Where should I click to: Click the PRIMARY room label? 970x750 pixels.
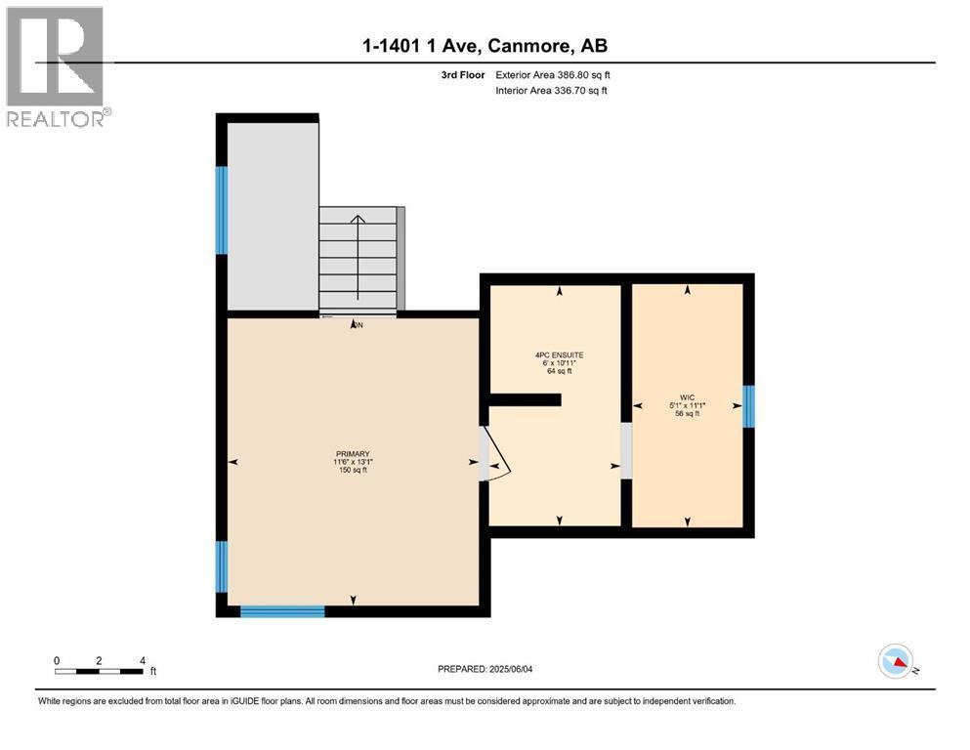[x=353, y=453]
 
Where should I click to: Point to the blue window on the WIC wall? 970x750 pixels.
[x=748, y=406]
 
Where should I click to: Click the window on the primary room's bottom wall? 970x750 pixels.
[x=282, y=611]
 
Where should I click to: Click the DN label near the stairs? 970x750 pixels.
[x=358, y=325]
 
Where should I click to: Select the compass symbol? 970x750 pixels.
[x=896, y=661]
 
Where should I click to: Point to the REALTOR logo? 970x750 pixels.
[x=56, y=68]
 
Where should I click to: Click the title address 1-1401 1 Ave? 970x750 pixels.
[x=485, y=45]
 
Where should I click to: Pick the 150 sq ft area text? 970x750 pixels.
[x=353, y=471]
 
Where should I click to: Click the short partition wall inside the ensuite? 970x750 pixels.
[x=525, y=399]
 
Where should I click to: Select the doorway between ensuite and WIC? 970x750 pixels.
[x=626, y=450]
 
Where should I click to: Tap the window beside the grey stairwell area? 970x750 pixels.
[x=222, y=210]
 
